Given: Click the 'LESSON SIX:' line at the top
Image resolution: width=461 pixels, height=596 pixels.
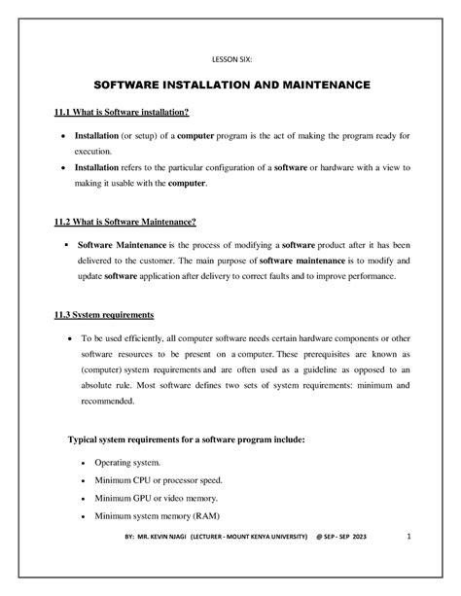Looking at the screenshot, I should [x=230, y=58].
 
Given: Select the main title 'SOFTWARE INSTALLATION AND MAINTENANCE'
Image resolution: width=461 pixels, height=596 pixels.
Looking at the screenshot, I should [x=230, y=86].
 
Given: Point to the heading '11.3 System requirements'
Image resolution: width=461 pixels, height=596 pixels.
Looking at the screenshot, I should [x=105, y=315].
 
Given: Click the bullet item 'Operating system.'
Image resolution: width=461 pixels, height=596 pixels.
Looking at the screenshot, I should [x=128, y=464].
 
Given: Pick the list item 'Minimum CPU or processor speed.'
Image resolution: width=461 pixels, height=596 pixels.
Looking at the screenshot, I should [x=159, y=480].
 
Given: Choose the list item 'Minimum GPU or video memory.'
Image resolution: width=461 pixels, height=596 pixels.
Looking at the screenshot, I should [x=155, y=498].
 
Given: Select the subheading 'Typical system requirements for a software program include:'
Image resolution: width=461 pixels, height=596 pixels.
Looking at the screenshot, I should [x=186, y=438].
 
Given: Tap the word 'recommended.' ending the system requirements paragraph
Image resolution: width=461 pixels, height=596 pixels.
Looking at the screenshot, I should [x=106, y=401].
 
